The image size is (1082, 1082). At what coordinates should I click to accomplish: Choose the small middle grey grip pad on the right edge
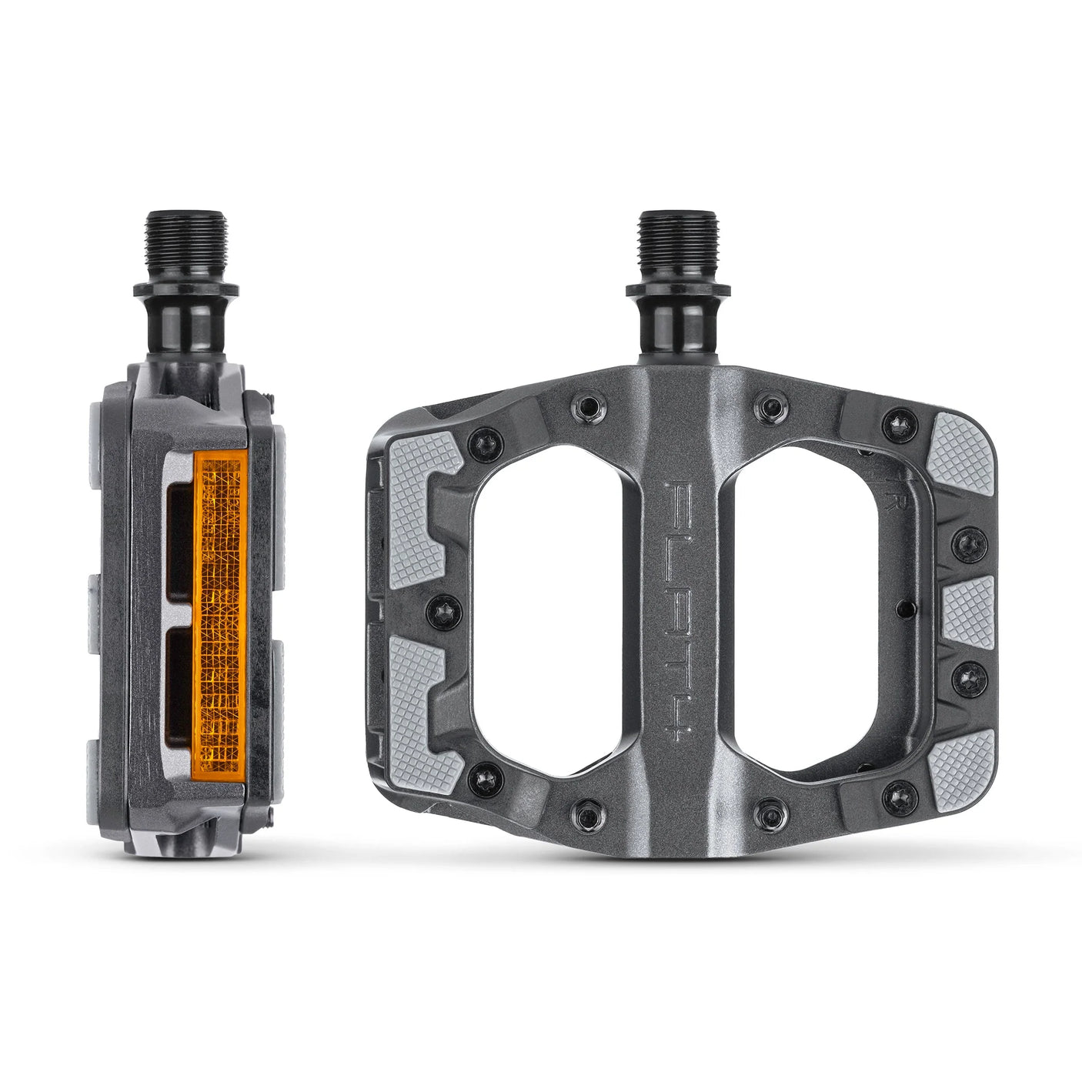[x=967, y=612]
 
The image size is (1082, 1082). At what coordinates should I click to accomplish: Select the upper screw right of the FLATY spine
[x=770, y=405]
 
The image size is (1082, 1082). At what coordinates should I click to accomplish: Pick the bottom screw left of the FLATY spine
[x=587, y=813]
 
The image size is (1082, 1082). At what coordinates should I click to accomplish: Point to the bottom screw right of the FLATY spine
[x=770, y=813]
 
